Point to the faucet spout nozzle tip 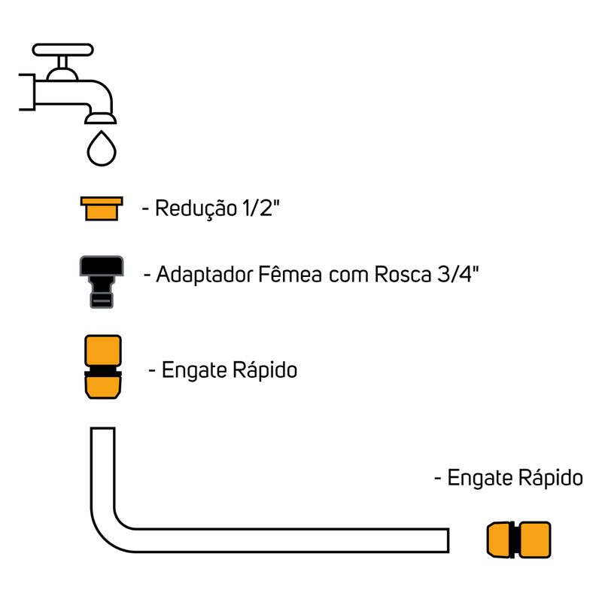pos(101,117)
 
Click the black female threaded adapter pos(102,281)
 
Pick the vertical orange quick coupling pos(102,366)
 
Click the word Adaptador pos(202,275)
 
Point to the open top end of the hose pos(102,430)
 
